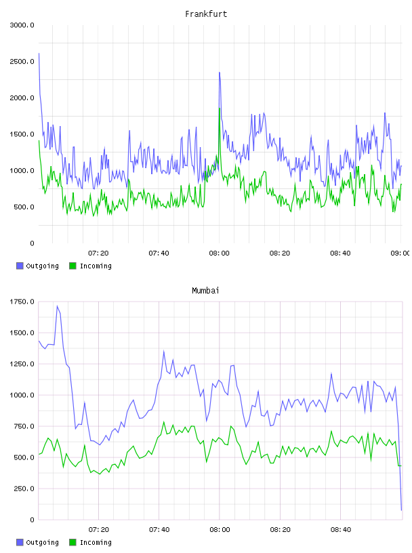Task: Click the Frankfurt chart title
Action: point(206,14)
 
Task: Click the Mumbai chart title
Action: point(205,291)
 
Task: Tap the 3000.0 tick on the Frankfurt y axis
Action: point(22,25)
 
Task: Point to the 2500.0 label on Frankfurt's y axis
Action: point(22,62)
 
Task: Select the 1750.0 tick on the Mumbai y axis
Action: point(22,302)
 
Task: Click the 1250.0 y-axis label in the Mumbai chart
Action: point(22,364)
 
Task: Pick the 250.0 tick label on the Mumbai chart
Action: point(24,489)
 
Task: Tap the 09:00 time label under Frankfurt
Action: point(400,253)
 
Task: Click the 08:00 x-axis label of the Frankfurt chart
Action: point(219,253)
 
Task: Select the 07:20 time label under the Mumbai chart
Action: point(98,530)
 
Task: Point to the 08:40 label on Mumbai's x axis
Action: point(341,530)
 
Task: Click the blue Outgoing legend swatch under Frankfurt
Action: point(20,266)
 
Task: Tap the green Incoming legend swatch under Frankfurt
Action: point(73,266)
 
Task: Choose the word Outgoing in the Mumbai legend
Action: point(42,542)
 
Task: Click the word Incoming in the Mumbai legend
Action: point(96,542)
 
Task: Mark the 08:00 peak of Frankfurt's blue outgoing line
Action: point(220,73)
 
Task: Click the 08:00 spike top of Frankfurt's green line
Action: point(220,108)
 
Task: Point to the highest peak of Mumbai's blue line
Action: point(57,306)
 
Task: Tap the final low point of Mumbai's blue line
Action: point(401,510)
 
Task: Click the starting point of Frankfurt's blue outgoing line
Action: point(39,54)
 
